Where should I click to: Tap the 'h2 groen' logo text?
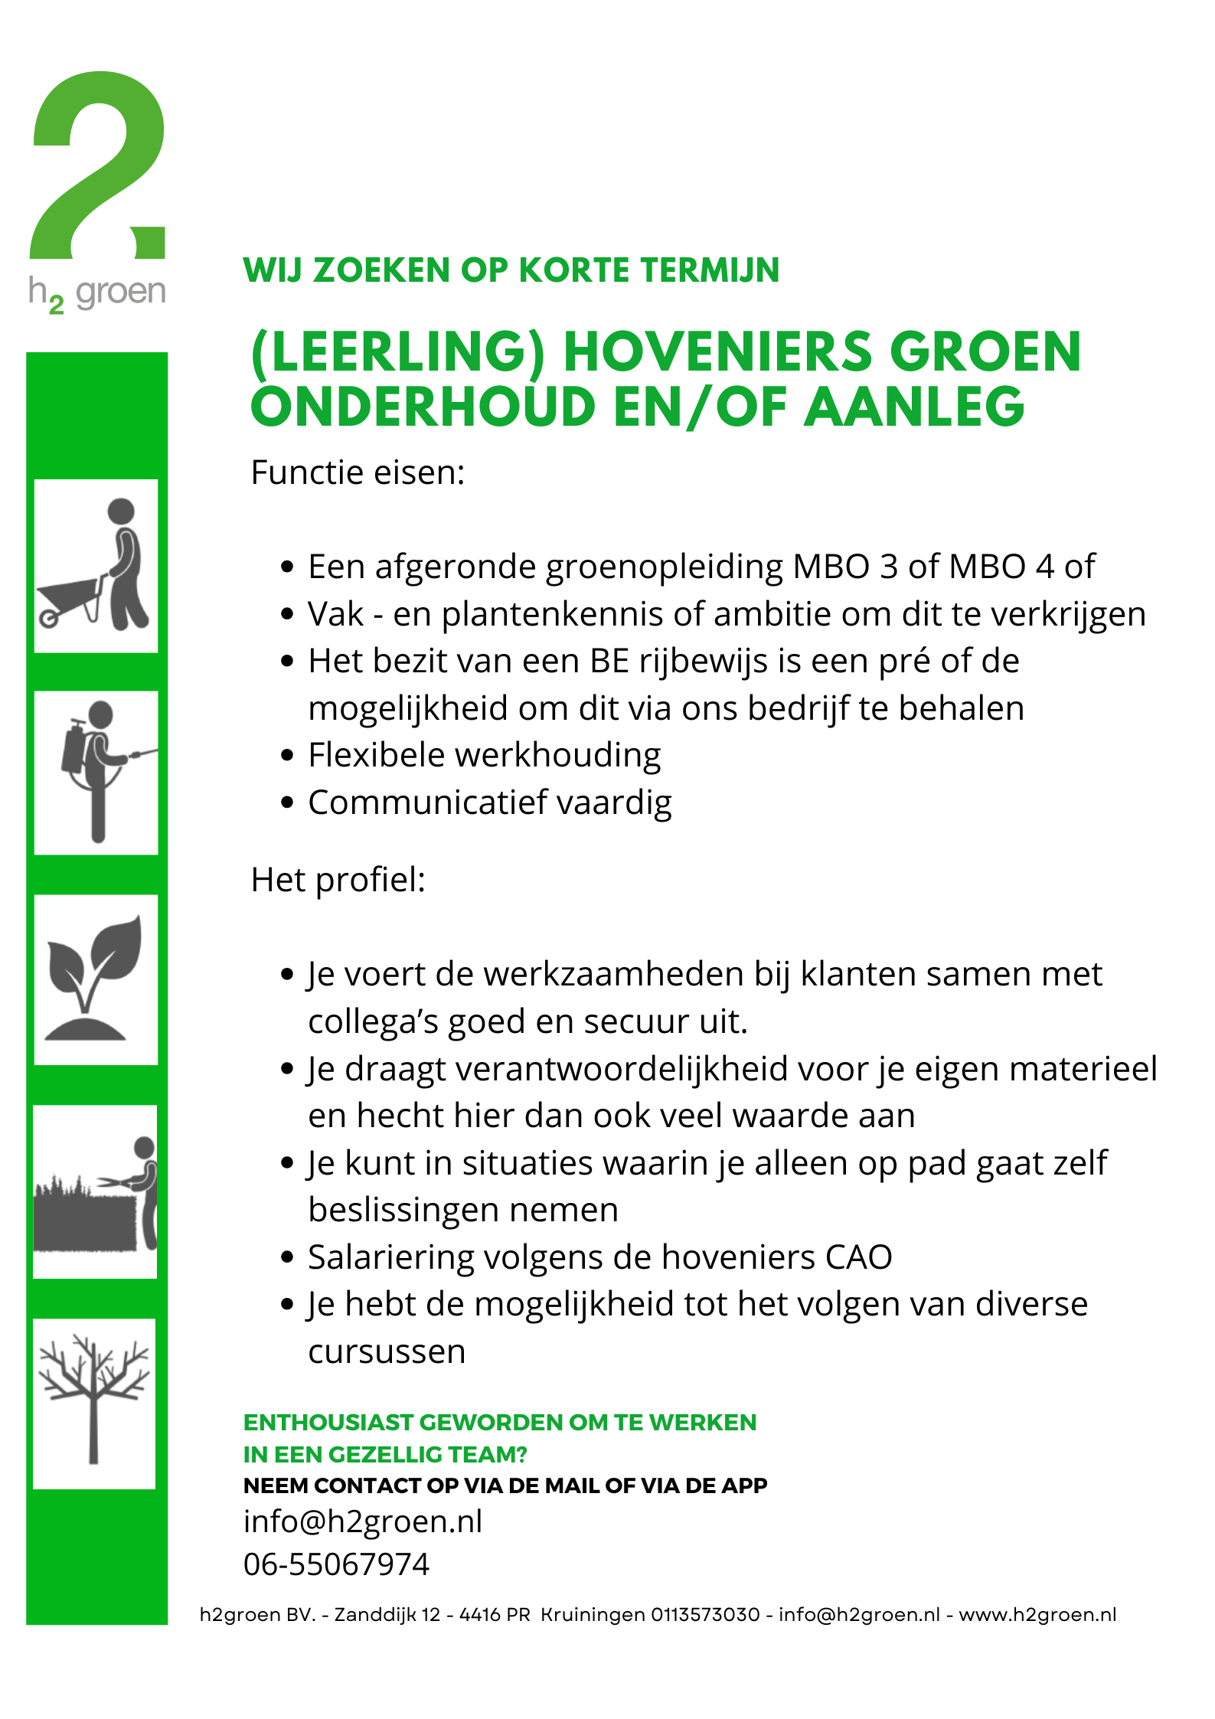tap(97, 293)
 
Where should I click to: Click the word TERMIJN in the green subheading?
tap(710, 270)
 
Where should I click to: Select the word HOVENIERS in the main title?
tap(717, 352)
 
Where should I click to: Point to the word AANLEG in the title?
tap(914, 407)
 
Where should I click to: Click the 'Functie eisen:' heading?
tap(358, 472)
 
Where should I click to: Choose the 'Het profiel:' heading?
tap(338, 880)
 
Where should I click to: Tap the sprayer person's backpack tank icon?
tap(73, 747)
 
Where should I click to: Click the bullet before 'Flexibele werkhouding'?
tap(287, 756)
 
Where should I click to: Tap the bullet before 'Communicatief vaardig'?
tap(287, 803)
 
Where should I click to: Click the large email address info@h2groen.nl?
tap(363, 1521)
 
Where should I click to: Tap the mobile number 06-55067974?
tap(336, 1564)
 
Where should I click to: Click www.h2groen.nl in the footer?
tap(1037, 1615)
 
